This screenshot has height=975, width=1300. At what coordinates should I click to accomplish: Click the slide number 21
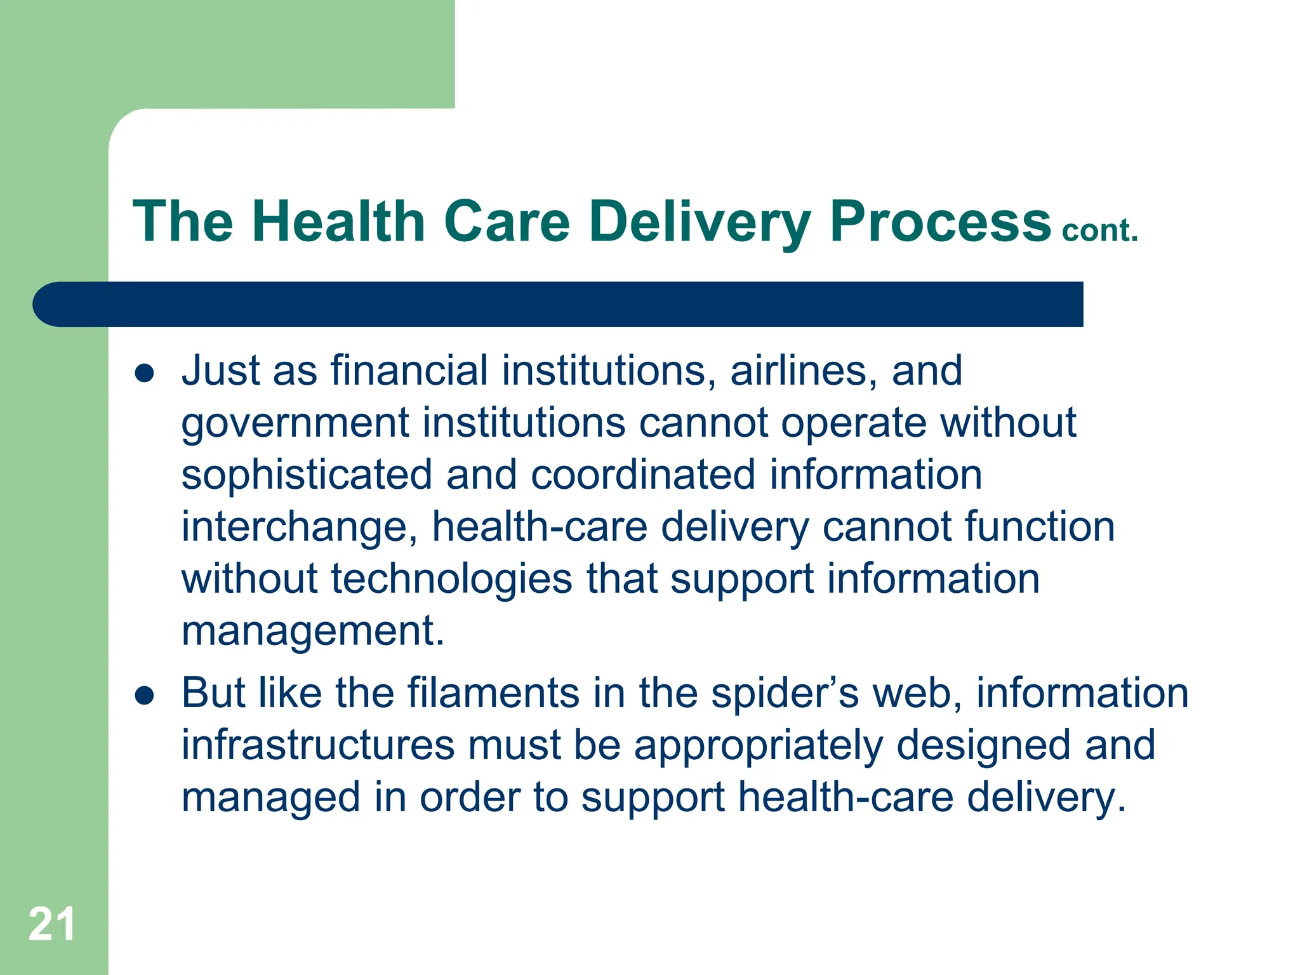click(x=51, y=924)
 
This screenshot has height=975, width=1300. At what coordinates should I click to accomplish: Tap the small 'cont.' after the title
click(x=1100, y=230)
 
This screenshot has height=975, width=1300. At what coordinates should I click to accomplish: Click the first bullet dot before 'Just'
click(x=145, y=373)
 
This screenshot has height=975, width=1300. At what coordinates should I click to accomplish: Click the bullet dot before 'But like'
click(x=145, y=696)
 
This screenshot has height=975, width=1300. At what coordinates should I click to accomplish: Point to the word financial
click(x=409, y=370)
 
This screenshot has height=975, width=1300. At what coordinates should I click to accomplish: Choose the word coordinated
click(x=643, y=475)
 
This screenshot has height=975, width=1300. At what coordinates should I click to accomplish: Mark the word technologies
click(x=451, y=579)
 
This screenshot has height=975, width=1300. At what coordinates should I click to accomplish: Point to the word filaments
click(x=493, y=693)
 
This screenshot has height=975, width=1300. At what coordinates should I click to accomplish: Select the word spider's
click(x=785, y=694)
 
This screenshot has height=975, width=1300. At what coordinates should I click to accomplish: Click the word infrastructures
click(x=318, y=745)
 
